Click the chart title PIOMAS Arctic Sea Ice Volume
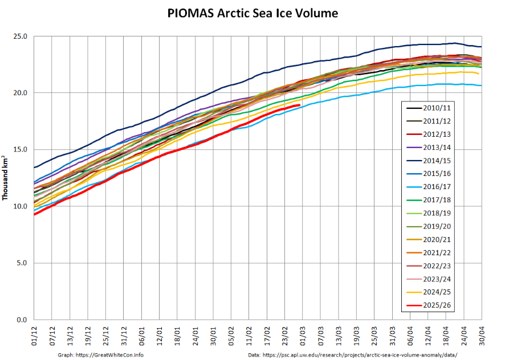252,13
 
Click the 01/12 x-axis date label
34,335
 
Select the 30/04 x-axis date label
482,335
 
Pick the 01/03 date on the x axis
303,335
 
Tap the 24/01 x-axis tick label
195,335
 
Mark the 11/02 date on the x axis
249,335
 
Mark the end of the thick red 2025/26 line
300,105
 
